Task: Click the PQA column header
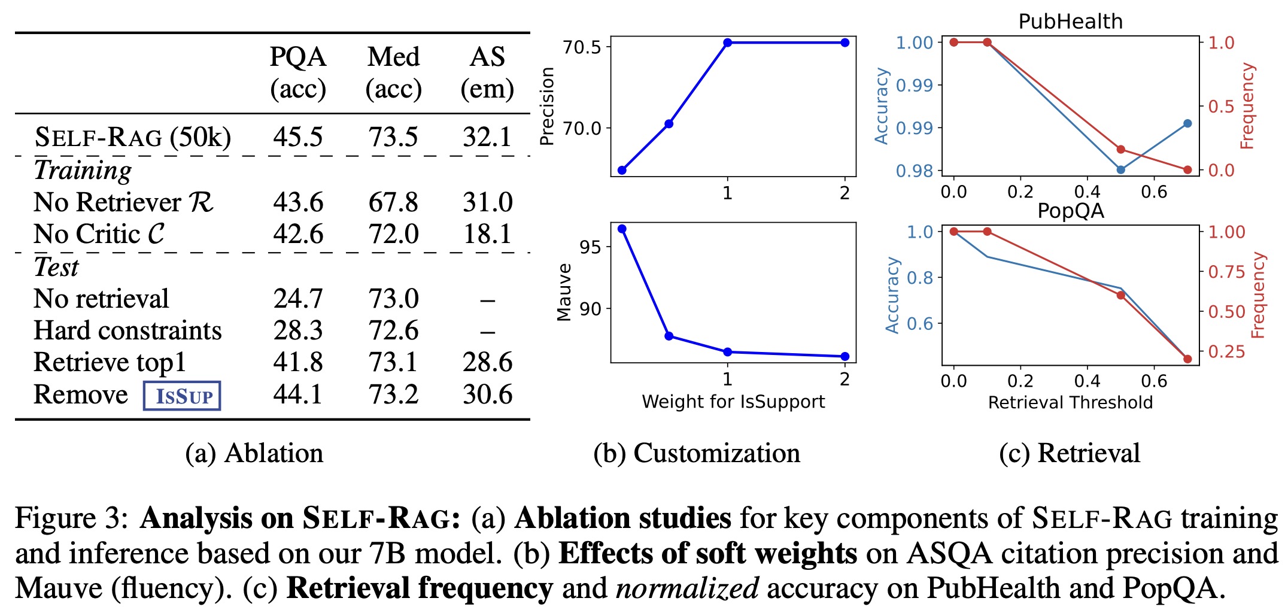[297, 57]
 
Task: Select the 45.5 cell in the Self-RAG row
[297, 137]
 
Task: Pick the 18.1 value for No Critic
[487, 234]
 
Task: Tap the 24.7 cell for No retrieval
[297, 299]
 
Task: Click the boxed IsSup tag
[182, 396]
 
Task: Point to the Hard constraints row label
[127, 330]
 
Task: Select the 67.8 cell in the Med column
[393, 202]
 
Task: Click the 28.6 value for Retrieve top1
[487, 362]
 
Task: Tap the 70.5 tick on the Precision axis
[582, 47]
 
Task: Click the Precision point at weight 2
[845, 43]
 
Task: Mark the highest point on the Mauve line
[622, 229]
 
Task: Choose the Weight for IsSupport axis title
[733, 402]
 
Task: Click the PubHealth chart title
[1070, 22]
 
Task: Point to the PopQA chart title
[1070, 211]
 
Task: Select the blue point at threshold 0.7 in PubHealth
[1187, 124]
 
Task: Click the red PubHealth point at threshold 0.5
[1121, 150]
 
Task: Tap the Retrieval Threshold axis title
[1070, 402]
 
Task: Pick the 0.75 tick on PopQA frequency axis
[1226, 272]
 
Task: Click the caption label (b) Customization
[697, 453]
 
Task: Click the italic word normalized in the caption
[687, 588]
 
